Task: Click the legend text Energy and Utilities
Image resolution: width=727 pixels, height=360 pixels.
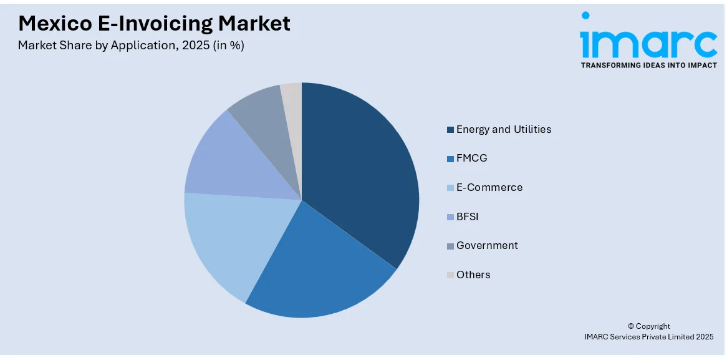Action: [x=504, y=129]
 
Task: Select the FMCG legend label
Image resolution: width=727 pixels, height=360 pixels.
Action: [x=471, y=158]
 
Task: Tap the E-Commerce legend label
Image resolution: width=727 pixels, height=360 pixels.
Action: [x=489, y=187]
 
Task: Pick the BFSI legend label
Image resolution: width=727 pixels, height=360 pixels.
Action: [x=468, y=216]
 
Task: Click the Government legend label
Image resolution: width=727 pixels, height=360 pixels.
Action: [x=487, y=245]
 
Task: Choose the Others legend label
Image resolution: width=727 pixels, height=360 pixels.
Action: [x=473, y=275]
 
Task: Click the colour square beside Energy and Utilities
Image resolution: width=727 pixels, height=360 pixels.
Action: [x=450, y=130]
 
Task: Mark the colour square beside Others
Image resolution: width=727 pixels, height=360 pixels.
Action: [x=450, y=275]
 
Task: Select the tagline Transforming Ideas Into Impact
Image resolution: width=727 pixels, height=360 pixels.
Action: [x=648, y=65]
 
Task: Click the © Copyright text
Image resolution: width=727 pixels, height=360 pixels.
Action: [x=648, y=326]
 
